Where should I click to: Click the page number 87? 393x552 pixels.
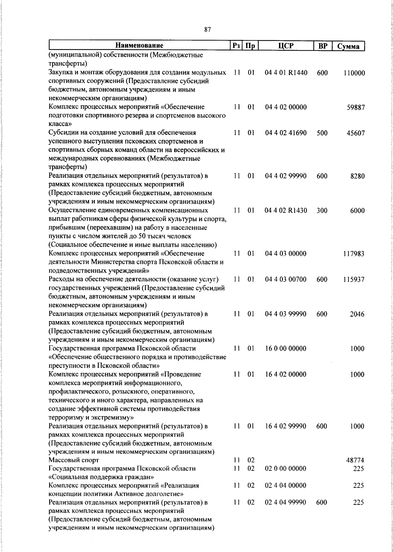pos(207,30)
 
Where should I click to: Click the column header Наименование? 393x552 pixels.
pos(139,46)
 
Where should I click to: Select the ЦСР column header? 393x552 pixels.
pos(286,46)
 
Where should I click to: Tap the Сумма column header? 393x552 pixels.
pos(348,46)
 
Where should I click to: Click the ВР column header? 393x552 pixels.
pos(323,46)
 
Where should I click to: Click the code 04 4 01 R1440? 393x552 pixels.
pos(286,73)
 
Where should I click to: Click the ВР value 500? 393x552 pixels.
pos(322,133)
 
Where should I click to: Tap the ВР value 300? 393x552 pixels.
pos(322,211)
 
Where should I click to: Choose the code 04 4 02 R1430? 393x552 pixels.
pos(286,211)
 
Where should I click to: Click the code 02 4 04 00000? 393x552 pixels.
pos(286,486)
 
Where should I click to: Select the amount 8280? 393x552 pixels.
pos(357,176)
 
